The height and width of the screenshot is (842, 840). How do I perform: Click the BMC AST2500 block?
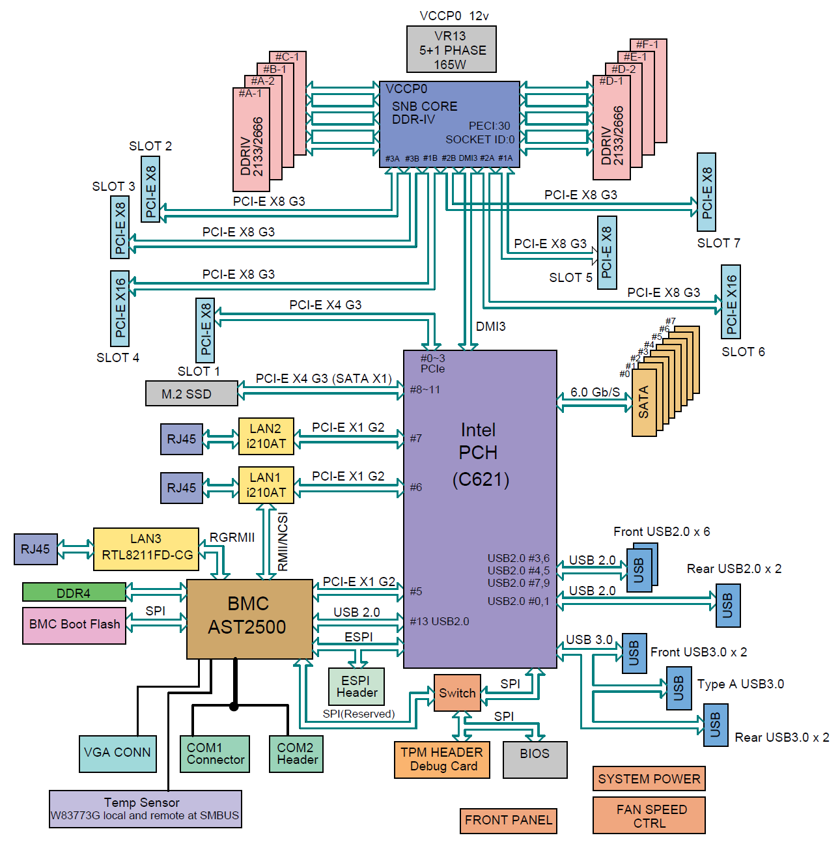point(249,618)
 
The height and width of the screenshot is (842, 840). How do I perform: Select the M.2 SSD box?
point(191,393)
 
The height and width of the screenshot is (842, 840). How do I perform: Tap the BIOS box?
point(535,759)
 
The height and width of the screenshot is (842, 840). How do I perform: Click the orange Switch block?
point(456,693)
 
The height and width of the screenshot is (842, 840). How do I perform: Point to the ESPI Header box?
point(356,686)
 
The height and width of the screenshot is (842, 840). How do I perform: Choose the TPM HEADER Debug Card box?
point(441,759)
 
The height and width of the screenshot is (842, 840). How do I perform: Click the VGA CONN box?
point(118,753)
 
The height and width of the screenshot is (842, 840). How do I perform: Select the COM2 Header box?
point(296,753)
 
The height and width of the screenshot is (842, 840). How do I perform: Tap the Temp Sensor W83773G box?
point(145,809)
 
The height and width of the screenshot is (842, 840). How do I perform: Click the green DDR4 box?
point(74,592)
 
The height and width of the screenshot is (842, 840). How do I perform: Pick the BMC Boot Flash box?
point(74,625)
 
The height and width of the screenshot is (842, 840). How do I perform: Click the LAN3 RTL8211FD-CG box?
point(146,549)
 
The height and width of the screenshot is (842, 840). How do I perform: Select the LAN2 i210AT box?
point(266,436)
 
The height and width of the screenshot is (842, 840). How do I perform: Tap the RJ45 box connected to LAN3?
point(35,549)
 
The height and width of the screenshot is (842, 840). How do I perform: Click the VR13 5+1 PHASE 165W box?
point(451,49)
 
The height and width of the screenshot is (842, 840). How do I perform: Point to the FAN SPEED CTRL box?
point(649,815)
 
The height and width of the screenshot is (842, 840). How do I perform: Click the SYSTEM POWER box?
point(649,778)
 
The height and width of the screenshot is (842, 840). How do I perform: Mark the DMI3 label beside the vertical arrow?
point(490,326)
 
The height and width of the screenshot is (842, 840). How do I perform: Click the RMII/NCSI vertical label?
point(283,542)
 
